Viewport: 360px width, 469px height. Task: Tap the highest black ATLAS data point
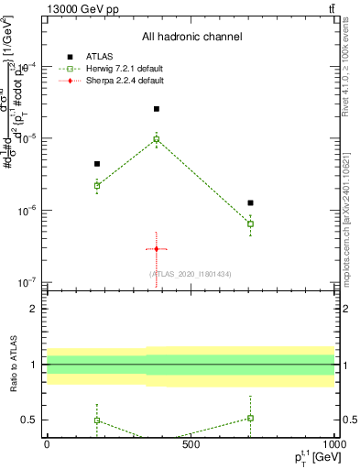pyautogui.click(x=157, y=109)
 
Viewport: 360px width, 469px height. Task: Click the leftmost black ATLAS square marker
pyautogui.click(x=97, y=164)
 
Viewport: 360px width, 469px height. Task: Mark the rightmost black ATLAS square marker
pyautogui.click(x=250, y=202)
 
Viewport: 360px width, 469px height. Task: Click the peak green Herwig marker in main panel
pyautogui.click(x=157, y=139)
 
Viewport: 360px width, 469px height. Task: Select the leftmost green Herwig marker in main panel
pyautogui.click(x=97, y=185)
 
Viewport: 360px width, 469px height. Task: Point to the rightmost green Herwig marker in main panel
pyautogui.click(x=250, y=224)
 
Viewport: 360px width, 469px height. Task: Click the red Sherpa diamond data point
pyautogui.click(x=157, y=249)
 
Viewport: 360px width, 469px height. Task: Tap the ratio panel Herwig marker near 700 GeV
pyautogui.click(x=250, y=418)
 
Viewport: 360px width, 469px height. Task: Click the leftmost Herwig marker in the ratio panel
pyautogui.click(x=97, y=420)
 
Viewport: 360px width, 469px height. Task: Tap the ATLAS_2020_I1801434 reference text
pyautogui.click(x=191, y=274)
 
